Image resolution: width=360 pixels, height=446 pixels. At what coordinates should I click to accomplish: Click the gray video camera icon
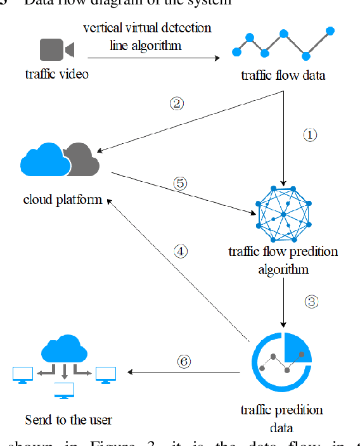click(56, 49)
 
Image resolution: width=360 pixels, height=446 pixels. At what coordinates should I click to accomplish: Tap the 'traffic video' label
click(57, 74)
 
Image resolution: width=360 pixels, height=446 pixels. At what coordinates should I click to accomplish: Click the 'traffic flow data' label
click(283, 75)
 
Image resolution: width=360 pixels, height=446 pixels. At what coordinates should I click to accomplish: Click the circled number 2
click(178, 103)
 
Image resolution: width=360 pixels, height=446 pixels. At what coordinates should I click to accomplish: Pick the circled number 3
click(311, 302)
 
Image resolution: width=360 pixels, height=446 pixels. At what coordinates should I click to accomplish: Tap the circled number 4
click(181, 251)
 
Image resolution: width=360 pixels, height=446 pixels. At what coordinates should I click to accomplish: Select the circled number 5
click(180, 184)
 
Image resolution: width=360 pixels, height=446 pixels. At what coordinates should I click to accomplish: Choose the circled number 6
click(183, 361)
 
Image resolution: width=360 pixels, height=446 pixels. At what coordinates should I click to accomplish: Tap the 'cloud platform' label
click(62, 200)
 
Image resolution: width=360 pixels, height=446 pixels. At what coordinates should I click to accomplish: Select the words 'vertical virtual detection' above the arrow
click(147, 28)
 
